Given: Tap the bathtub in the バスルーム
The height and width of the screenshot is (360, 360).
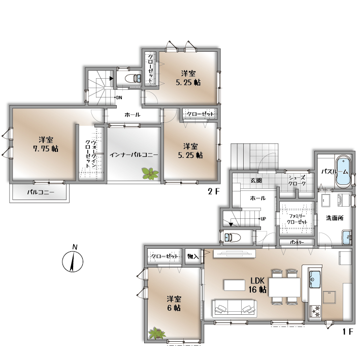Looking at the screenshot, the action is point(343,172).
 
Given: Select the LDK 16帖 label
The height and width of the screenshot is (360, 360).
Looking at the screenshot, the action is point(257,285).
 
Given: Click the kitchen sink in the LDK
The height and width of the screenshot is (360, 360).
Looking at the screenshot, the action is point(315,279).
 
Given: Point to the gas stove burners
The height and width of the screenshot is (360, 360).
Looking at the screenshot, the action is point(315,311).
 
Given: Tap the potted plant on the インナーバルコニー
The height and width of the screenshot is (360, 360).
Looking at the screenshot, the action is point(150,173).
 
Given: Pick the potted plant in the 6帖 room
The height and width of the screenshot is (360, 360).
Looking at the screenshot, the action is point(157,334).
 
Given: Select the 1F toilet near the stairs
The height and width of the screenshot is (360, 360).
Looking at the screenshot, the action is point(232,237).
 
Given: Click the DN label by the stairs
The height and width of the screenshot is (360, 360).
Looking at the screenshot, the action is point(119,97).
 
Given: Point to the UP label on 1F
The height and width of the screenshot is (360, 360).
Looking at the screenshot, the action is point(263,219).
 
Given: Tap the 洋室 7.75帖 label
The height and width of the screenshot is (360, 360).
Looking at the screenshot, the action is point(46,144).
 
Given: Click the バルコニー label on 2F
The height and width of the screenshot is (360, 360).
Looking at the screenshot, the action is point(41,192).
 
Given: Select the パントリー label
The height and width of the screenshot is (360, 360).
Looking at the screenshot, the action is point(297,242).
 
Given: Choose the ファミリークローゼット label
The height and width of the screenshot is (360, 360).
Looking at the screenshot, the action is point(297,219).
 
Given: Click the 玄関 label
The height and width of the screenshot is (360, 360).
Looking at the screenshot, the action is point(256,180).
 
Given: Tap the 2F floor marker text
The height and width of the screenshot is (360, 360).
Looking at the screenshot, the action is point(214,191).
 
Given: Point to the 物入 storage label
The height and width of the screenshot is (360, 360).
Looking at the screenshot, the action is point(193,256).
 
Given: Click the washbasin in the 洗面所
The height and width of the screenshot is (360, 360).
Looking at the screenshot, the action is point(347,238).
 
